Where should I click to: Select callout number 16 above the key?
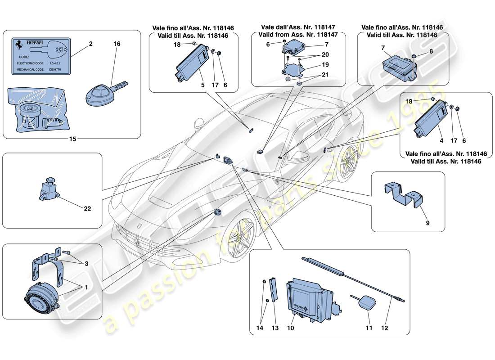117,45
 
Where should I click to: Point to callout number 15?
72,139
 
